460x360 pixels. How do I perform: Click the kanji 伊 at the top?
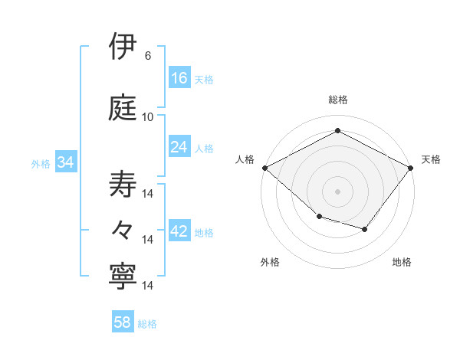tap(124, 47)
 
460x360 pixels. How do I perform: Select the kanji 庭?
tap(124, 108)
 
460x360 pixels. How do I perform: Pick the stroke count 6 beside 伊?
tap(148, 56)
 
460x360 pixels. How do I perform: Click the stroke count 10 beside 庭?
tap(148, 117)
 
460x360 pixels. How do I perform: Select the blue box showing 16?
tap(179, 77)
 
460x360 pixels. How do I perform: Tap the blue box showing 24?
tap(179, 147)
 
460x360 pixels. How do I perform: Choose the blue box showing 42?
tap(179, 231)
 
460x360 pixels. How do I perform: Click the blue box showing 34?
tap(65, 162)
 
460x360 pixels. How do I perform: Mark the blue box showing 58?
tap(123, 322)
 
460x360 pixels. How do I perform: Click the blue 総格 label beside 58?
tap(147, 324)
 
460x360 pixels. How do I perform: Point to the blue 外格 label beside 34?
tap(41, 164)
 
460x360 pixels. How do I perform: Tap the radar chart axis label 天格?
tap(431, 159)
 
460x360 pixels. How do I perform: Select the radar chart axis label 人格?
tap(245, 159)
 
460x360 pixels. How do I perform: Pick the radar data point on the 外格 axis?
tap(319, 217)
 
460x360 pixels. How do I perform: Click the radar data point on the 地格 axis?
tap(365, 229)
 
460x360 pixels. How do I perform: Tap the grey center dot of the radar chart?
tap(337, 191)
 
